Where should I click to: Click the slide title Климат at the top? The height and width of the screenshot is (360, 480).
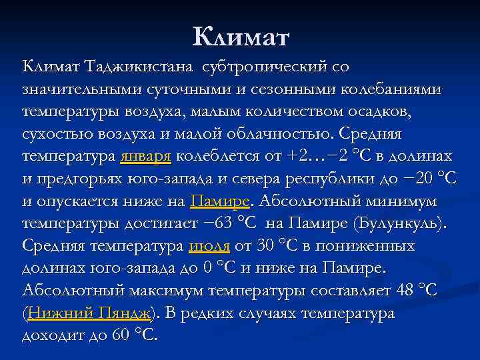[241, 37]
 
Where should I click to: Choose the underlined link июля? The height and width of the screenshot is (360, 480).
[209, 247]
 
